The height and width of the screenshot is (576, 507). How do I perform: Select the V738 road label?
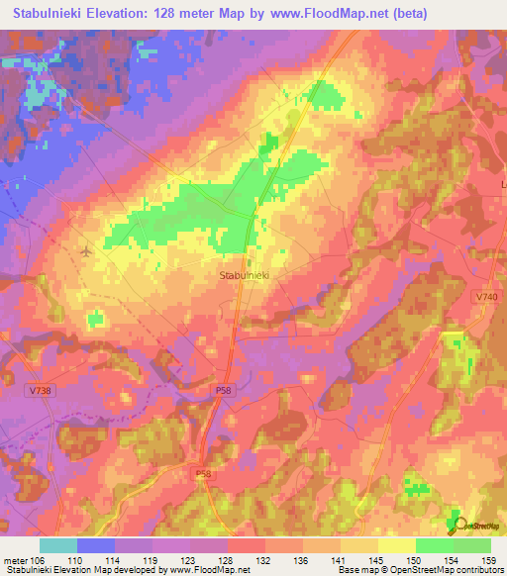[42, 392]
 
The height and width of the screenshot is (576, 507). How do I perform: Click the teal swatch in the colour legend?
[58, 545]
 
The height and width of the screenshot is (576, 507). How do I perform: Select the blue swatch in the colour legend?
[96, 545]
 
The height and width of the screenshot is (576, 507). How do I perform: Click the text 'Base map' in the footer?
[355, 570]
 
